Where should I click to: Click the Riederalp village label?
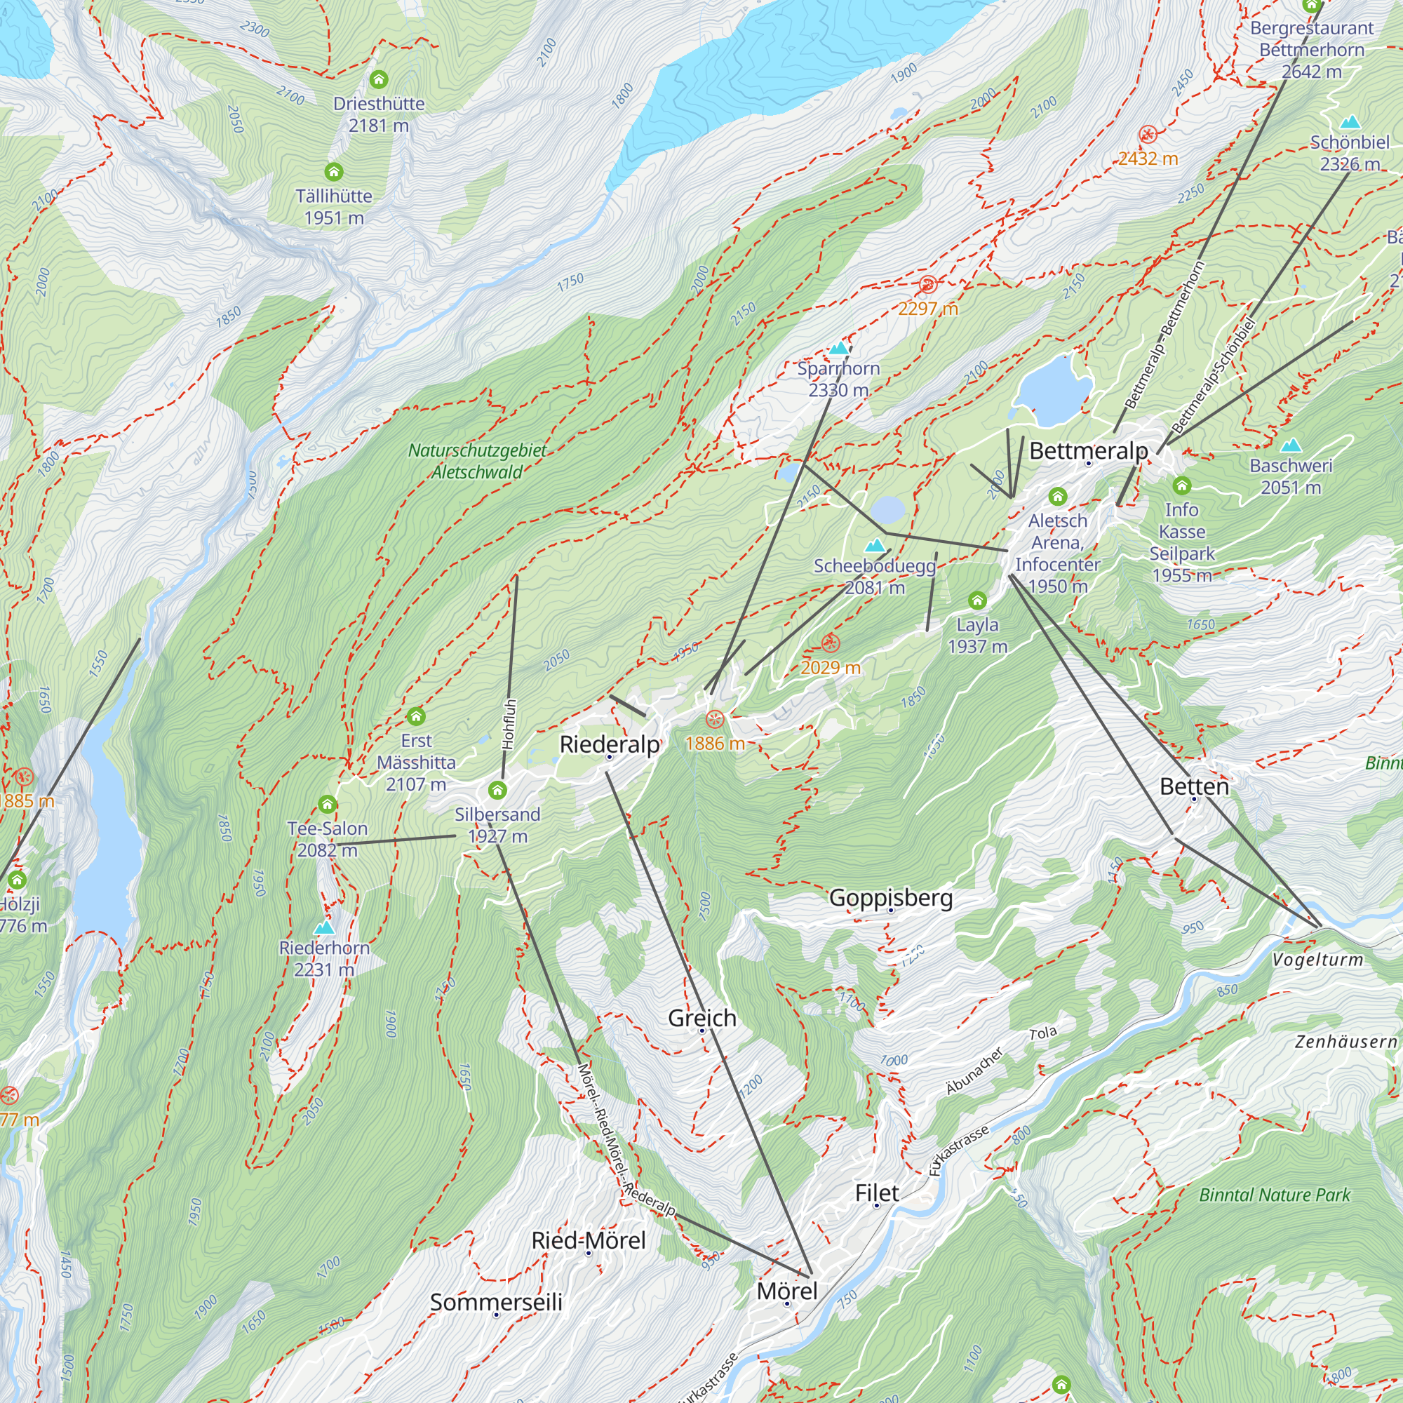(x=610, y=744)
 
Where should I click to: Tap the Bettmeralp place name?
(x=1088, y=451)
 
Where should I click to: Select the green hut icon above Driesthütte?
(x=378, y=79)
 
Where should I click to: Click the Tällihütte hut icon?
(x=333, y=172)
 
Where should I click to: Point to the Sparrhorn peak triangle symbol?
(x=839, y=349)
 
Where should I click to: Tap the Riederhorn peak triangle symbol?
(x=324, y=928)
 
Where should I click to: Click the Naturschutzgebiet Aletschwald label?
(x=477, y=461)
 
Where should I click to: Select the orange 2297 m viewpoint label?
(x=927, y=309)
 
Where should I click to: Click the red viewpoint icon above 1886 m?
(x=715, y=720)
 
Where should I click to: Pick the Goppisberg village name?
(x=890, y=899)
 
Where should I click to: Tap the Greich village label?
(x=701, y=1018)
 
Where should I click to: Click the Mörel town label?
(x=786, y=1291)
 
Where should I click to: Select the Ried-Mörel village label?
(x=589, y=1240)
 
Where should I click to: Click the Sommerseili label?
(x=496, y=1302)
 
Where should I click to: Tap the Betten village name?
(x=1194, y=786)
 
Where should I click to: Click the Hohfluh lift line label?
(x=509, y=724)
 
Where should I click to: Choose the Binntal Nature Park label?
(x=1275, y=1195)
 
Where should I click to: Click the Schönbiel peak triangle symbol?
(x=1349, y=121)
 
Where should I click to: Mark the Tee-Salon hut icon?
(x=328, y=804)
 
